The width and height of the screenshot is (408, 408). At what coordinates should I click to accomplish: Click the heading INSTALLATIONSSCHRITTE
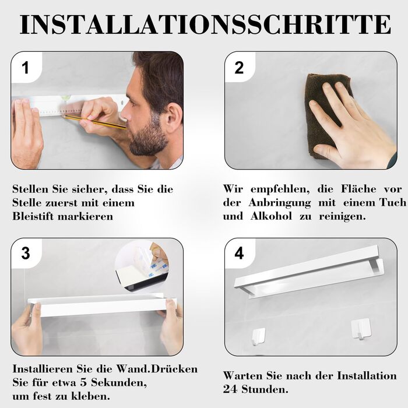pos(205,24)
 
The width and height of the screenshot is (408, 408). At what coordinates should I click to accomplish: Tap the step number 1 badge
pos(26,68)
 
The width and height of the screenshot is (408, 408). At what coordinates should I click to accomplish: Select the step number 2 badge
pos(239,68)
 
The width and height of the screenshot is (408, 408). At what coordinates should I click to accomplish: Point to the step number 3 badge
pos(26,253)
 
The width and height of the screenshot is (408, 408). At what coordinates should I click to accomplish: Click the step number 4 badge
pos(239,253)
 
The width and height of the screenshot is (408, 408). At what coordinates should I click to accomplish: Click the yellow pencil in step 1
pos(95,122)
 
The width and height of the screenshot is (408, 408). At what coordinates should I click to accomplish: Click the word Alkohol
pos(271,216)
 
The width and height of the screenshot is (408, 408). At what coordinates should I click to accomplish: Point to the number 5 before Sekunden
pos(83,383)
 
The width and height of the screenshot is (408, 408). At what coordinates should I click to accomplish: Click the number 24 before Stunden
pos(230,389)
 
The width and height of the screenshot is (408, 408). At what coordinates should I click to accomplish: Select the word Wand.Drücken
pos(157,369)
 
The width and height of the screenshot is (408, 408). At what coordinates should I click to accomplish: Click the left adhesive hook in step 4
pos(258,336)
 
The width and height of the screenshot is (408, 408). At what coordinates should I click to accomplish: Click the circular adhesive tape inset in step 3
pos(142,267)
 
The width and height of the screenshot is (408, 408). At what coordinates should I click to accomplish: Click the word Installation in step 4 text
pos(367,376)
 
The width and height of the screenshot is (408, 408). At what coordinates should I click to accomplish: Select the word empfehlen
pos(280,189)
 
